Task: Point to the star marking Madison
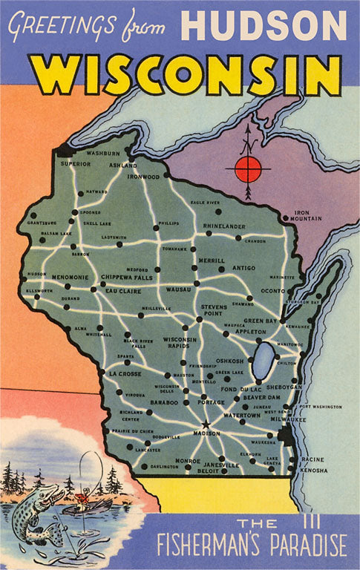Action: [x=206, y=425]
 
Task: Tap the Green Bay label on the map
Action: [x=261, y=321]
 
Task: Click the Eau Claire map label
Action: [x=122, y=291]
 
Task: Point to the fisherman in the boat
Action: [x=88, y=493]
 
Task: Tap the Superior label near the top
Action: [x=75, y=163]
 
